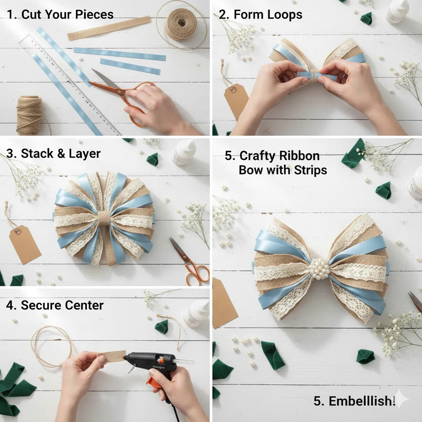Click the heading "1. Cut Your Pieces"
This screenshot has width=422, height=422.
click(x=60, y=14)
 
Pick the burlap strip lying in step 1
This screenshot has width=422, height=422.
click(x=109, y=28)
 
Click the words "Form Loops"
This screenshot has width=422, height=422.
click(x=267, y=15)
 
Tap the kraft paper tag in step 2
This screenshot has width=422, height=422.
click(x=236, y=101)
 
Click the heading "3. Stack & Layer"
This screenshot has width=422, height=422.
click(x=54, y=154)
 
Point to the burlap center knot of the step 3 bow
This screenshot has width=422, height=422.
click(x=104, y=217)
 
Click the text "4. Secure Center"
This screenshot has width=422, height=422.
click(x=55, y=305)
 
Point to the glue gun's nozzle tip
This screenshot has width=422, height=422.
click(x=190, y=361)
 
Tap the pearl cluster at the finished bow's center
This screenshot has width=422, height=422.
click(x=319, y=269)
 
